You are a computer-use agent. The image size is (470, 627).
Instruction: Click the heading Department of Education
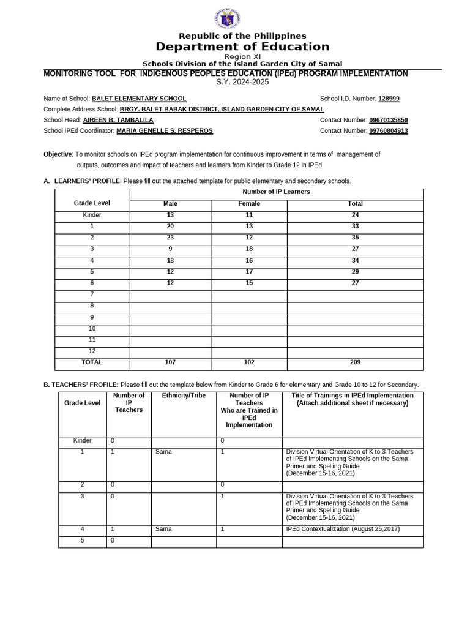click(242, 47)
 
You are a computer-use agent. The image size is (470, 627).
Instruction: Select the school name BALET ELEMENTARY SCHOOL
click(139, 99)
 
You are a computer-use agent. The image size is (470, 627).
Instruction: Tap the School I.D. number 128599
click(389, 99)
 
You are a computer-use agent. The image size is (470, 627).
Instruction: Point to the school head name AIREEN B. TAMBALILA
click(118, 121)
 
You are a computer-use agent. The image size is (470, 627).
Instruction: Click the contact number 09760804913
click(389, 131)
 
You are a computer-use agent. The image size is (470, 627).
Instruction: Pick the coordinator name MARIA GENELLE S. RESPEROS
click(165, 131)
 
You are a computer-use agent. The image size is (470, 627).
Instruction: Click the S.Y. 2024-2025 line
click(242, 82)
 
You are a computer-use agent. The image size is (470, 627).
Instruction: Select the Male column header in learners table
click(170, 204)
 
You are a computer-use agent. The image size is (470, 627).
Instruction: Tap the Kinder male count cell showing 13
click(170, 216)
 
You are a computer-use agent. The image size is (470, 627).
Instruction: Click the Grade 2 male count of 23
click(170, 238)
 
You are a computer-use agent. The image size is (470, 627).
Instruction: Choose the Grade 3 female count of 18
click(249, 249)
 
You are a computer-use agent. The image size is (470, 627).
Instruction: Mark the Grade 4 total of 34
click(355, 260)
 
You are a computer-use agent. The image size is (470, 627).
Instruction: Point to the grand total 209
click(355, 362)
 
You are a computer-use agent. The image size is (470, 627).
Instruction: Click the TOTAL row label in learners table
click(92, 362)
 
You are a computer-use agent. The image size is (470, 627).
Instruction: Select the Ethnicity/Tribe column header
click(184, 396)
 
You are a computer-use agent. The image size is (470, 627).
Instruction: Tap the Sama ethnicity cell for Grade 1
click(164, 452)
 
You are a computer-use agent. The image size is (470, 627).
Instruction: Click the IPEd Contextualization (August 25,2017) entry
click(343, 529)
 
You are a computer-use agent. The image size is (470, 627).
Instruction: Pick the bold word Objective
click(58, 154)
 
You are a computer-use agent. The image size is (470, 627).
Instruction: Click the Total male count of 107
click(170, 362)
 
